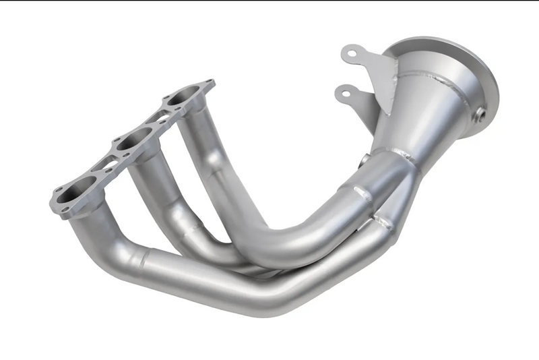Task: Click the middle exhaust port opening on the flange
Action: [127, 143]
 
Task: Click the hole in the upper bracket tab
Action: [348, 53]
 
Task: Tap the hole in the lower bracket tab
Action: [344, 92]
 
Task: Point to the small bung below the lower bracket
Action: [364, 160]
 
